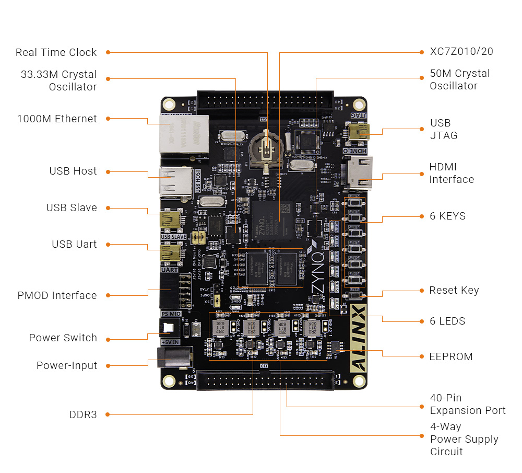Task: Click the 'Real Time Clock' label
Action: tap(56, 52)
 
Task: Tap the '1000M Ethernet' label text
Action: tap(57, 119)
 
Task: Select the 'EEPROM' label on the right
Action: tap(451, 356)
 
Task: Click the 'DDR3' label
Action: tap(83, 414)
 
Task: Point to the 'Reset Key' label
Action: tap(454, 290)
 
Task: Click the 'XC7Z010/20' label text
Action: tap(461, 51)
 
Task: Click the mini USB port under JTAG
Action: tap(359, 131)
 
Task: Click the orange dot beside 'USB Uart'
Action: tap(108, 244)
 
